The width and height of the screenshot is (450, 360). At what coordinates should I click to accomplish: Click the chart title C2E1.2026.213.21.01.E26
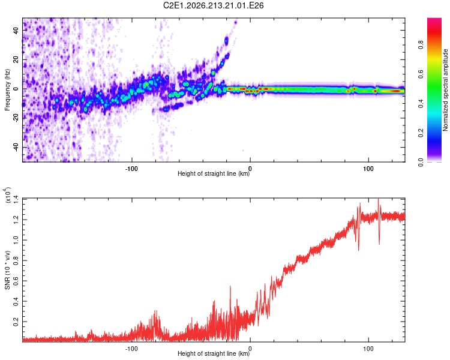point(213,5)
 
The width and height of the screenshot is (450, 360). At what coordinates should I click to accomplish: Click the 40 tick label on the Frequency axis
point(16,30)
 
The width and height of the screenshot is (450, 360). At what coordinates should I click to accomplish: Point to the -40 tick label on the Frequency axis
point(16,147)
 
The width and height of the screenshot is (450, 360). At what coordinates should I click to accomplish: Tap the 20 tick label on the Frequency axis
point(16,59)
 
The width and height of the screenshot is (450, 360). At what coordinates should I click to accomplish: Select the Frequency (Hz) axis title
point(7,90)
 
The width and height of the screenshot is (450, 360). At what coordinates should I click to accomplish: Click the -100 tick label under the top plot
point(131,169)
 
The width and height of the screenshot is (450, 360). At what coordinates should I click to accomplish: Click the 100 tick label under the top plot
point(368,169)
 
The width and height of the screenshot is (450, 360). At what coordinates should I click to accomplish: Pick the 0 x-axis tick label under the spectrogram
point(250,169)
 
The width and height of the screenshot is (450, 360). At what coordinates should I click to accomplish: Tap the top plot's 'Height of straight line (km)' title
point(214,173)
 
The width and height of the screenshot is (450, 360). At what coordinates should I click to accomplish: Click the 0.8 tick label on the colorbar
point(421,45)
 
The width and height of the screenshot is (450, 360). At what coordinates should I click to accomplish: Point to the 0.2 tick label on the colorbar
point(421,133)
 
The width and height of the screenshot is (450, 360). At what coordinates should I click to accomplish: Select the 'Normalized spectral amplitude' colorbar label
point(445,90)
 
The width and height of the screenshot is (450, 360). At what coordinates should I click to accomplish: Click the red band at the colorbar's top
point(434,33)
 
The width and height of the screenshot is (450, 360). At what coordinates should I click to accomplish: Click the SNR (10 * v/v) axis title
point(7,270)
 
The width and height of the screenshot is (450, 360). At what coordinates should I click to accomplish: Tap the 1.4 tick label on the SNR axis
point(16,199)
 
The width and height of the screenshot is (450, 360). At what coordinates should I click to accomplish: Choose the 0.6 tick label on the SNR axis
point(16,281)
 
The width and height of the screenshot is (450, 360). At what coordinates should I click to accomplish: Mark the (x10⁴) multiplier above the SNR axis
point(7,195)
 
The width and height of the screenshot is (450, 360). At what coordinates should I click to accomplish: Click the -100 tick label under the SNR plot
point(131,349)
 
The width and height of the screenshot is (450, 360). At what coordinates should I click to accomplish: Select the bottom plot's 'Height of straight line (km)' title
point(214,353)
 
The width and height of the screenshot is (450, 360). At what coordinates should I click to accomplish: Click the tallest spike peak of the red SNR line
point(378,199)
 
